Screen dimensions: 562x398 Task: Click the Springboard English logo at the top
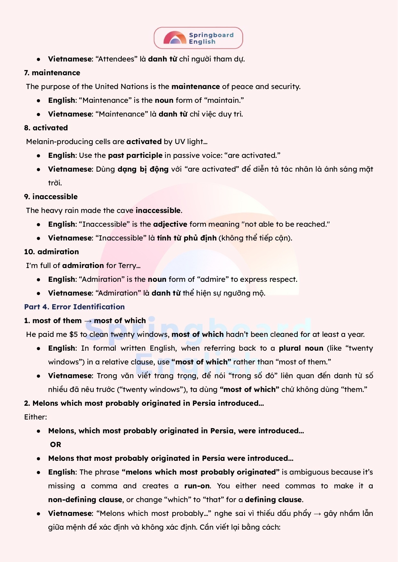[198, 38]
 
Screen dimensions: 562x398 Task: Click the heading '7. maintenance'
[52, 73]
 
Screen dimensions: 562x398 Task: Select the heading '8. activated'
[46, 128]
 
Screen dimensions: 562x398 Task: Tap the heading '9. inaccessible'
[51, 197]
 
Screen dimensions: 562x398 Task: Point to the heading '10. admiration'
[51, 252]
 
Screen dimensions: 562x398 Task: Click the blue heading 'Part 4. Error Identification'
[74, 307]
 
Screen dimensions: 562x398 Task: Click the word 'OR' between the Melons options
[55, 444]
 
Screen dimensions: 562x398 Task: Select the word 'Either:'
[36, 417]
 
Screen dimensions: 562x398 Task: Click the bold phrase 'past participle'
[135, 155]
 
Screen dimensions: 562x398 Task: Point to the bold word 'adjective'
[170, 224]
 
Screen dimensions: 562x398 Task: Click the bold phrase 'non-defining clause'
[85, 500]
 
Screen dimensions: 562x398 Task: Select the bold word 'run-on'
[197, 486]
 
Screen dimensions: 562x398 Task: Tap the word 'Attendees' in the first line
[116, 59]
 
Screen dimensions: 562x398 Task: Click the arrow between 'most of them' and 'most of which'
[88, 321]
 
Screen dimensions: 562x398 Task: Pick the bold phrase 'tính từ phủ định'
[187, 238]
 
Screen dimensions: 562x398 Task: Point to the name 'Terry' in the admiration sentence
[127, 265]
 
